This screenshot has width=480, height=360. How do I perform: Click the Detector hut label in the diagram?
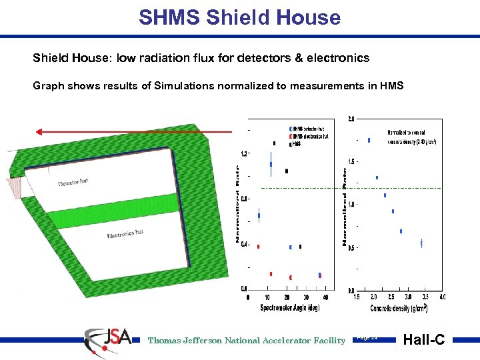pyautogui.click(x=73, y=181)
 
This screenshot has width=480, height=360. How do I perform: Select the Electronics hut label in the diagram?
pyautogui.click(x=125, y=234)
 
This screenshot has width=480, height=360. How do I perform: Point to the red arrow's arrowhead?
pyautogui.click(x=40, y=132)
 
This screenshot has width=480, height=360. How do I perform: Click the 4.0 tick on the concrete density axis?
pyautogui.click(x=442, y=297)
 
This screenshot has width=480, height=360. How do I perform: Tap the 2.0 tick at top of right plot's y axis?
pyautogui.click(x=351, y=119)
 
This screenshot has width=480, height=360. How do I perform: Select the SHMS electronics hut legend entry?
pyautogui.click(x=311, y=136)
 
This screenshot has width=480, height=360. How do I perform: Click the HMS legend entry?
pyautogui.click(x=296, y=143)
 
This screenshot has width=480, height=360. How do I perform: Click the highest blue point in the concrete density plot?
pyautogui.click(x=369, y=140)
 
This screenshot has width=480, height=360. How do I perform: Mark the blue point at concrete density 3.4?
pyautogui.click(x=421, y=243)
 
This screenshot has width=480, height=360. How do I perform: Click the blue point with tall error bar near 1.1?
pyautogui.click(x=271, y=164)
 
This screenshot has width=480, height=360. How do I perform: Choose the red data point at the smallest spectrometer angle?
pyautogui.click(x=258, y=246)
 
